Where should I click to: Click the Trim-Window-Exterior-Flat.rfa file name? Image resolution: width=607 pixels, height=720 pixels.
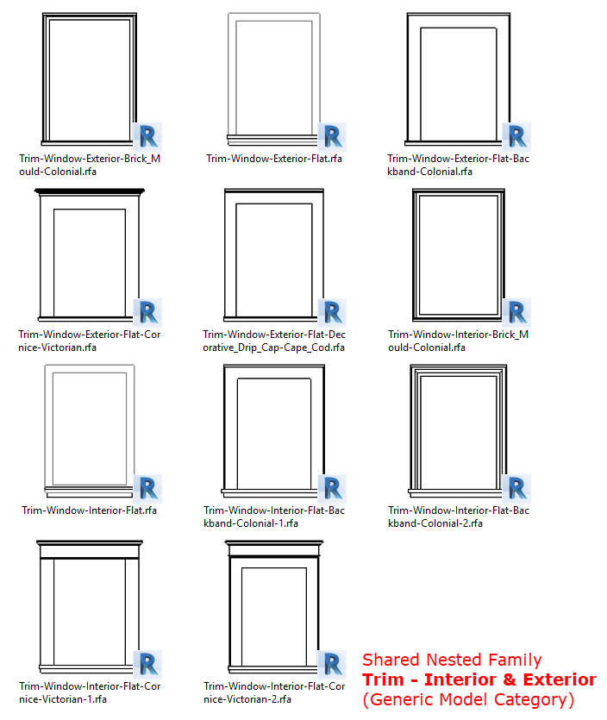point(273,159)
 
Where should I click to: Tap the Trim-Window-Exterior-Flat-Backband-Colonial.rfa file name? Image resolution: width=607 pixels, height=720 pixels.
point(458,165)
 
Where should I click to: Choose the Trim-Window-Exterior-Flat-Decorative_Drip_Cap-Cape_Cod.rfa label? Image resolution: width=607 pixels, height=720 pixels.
point(273,341)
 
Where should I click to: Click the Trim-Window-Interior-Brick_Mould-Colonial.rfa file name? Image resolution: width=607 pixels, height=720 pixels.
point(458,341)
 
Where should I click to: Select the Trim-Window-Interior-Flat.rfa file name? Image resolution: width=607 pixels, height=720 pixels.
point(90,510)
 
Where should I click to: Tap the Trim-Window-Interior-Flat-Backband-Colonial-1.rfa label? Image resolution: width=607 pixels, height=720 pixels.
point(273,517)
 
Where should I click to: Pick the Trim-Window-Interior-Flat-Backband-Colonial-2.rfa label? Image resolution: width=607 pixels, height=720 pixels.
point(458,517)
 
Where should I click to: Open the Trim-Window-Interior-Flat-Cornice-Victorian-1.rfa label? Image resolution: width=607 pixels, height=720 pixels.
point(90,692)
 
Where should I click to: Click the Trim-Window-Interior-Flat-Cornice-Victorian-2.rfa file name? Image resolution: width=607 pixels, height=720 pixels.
point(273,692)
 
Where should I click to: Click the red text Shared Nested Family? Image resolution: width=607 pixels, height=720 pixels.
point(452,661)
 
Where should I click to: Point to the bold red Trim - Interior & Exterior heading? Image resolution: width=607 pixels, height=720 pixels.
point(479,679)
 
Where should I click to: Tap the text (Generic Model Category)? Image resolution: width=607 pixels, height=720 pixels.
point(468,699)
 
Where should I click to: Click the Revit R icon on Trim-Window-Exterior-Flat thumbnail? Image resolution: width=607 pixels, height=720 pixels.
point(332,136)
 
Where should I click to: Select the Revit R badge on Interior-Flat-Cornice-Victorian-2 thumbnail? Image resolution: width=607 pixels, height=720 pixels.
point(332,663)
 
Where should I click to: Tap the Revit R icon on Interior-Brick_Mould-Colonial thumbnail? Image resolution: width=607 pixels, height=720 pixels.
point(516,312)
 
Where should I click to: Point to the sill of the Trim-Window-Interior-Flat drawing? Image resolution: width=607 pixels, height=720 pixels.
point(90,495)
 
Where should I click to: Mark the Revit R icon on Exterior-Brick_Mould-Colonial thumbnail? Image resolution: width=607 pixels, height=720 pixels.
point(147,136)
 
